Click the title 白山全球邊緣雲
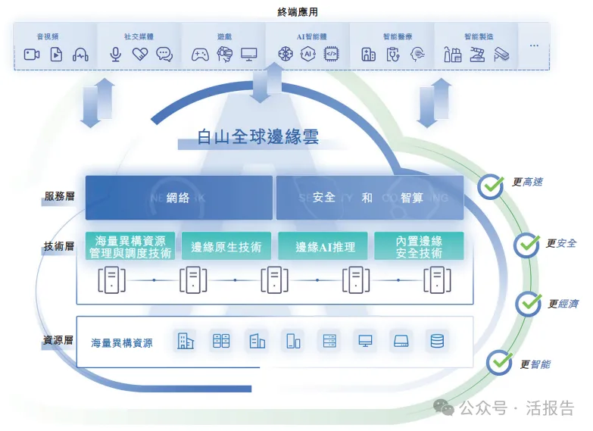(258, 137)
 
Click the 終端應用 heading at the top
(296, 11)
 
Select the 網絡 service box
(179, 198)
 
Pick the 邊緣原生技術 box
(226, 246)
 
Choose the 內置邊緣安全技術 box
(419, 246)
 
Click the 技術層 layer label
(58, 247)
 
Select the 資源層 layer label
(58, 340)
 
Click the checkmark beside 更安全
(526, 245)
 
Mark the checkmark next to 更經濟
(528, 304)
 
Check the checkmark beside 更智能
(499, 363)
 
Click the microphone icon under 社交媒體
(116, 54)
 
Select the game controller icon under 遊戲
(200, 54)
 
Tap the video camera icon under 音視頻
(31, 54)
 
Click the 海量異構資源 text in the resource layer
(121, 342)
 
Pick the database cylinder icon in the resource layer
(437, 341)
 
